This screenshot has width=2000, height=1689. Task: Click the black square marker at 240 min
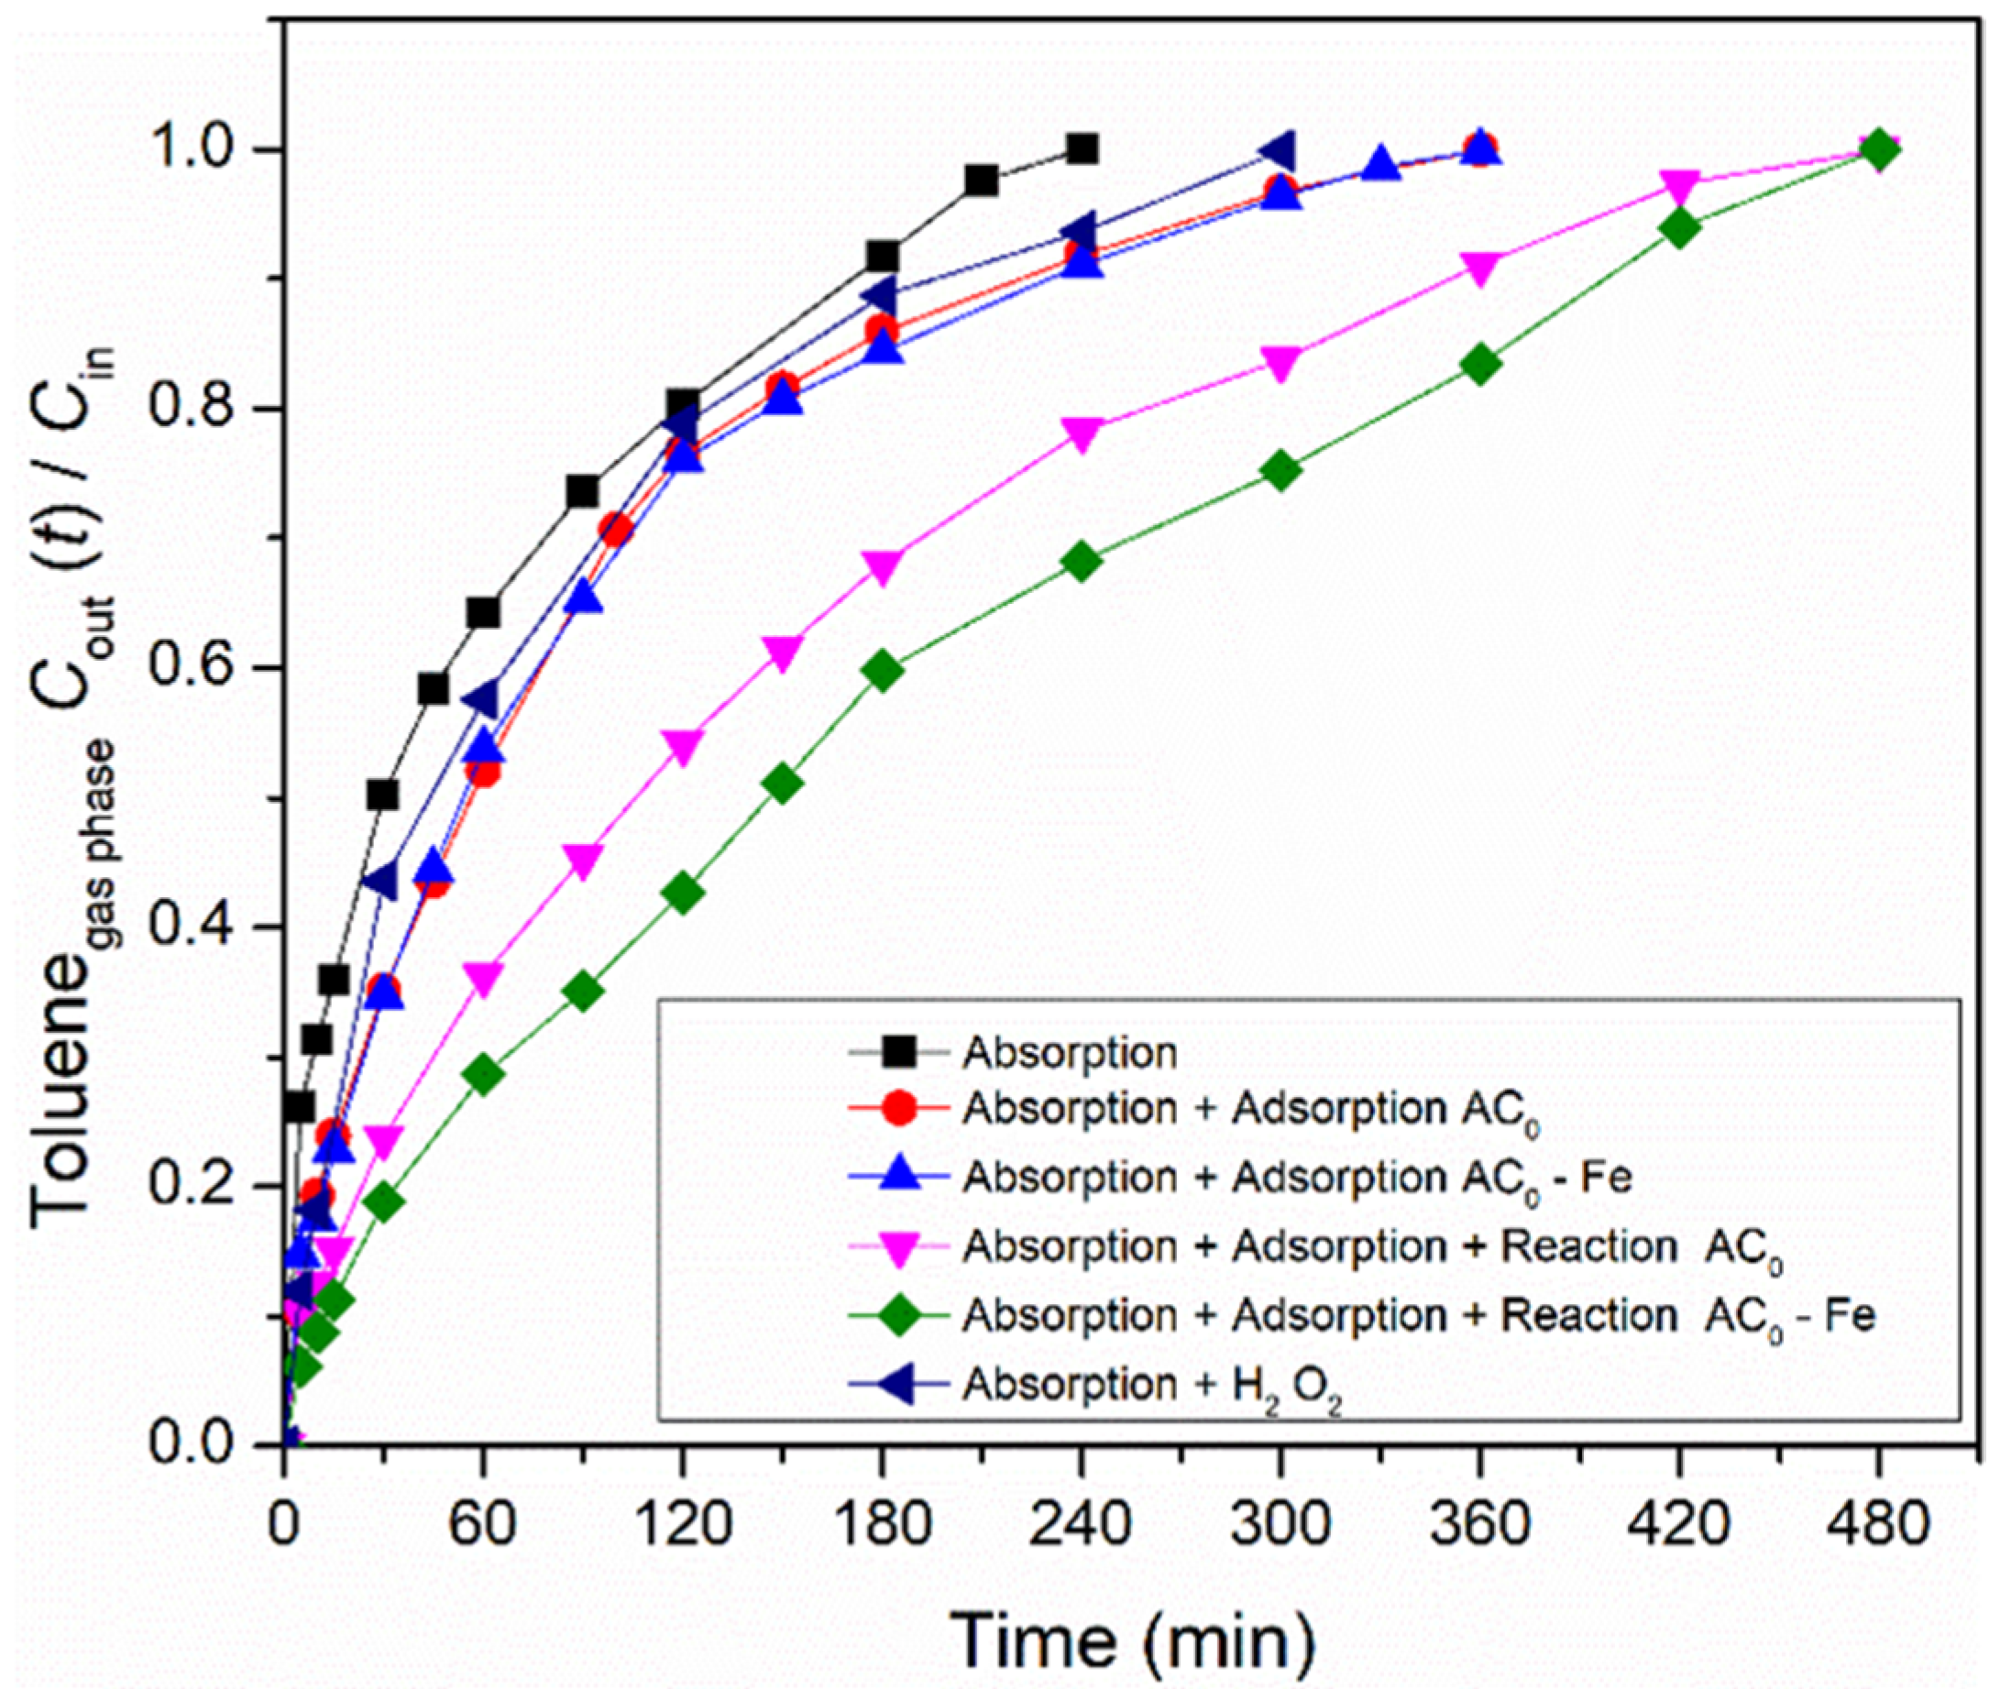(1081, 149)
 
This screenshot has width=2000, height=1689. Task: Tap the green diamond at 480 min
(1878, 150)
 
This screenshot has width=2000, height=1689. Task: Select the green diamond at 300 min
(1281, 470)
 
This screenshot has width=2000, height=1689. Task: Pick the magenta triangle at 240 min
(1081, 433)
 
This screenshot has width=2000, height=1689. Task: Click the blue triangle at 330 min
(1379, 166)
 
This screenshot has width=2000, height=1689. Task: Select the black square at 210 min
(982, 180)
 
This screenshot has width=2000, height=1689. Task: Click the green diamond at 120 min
(683, 894)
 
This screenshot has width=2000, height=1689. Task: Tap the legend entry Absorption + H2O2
(1148, 1386)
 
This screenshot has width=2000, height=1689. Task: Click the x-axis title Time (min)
(1133, 1640)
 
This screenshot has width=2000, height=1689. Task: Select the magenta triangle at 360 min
(1480, 269)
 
